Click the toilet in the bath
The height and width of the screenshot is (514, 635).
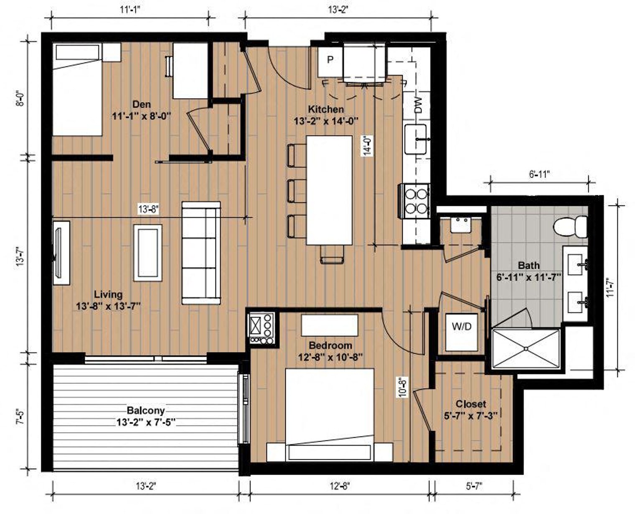[x=570, y=227]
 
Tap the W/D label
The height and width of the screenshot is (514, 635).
[x=462, y=327]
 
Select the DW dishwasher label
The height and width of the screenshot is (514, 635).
[x=419, y=105]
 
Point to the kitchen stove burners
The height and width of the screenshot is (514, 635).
[x=416, y=201]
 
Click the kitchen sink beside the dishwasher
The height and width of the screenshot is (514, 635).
[x=416, y=139]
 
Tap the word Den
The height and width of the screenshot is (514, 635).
[x=141, y=105]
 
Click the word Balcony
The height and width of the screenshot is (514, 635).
[x=146, y=410]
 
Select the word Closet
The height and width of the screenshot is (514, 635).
[x=471, y=404]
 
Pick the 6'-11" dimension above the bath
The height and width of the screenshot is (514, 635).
[x=540, y=174]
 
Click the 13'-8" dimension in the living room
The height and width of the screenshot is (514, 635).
[x=148, y=209]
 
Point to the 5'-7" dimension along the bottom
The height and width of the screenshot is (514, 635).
[x=474, y=486]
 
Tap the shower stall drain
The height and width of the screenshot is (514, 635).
[x=526, y=349]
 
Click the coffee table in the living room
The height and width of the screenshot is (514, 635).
[x=148, y=253]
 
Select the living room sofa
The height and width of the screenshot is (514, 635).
[x=201, y=253]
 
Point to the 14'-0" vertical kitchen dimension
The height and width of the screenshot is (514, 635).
[x=368, y=146]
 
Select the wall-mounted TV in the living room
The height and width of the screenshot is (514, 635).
[x=58, y=253]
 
